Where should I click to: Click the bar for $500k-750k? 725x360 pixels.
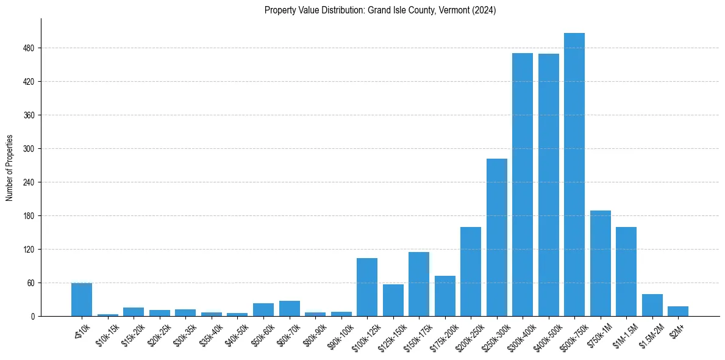574,175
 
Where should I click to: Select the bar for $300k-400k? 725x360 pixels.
523,184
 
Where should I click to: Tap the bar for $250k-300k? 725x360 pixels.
496,237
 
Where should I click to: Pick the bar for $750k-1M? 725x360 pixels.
601,263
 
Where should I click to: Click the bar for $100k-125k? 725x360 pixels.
366,287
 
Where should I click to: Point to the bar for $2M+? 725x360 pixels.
678,311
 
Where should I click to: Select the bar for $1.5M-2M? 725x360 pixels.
652,305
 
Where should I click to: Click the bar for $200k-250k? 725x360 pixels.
471,272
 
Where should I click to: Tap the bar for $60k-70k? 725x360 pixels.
289,308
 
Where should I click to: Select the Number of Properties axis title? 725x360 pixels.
9,167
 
